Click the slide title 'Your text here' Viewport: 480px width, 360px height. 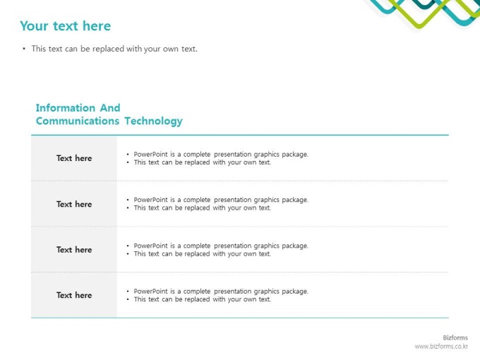65,26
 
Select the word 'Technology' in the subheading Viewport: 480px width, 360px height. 153,121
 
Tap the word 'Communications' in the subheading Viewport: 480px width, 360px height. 78,121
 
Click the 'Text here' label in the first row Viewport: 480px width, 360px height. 74,158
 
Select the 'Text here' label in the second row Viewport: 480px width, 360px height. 74,204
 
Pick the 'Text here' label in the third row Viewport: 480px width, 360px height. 74,250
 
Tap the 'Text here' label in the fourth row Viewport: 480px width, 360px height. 74,295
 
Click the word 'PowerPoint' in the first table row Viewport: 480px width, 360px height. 150,155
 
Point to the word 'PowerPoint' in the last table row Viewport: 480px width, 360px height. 150,292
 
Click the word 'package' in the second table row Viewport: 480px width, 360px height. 295,200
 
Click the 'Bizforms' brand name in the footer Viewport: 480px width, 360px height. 455,337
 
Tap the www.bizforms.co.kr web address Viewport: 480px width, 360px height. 441,347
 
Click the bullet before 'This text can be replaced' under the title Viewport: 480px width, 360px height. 24,49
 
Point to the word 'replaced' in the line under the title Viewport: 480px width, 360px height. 109,49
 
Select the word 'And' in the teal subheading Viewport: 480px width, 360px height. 110,108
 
